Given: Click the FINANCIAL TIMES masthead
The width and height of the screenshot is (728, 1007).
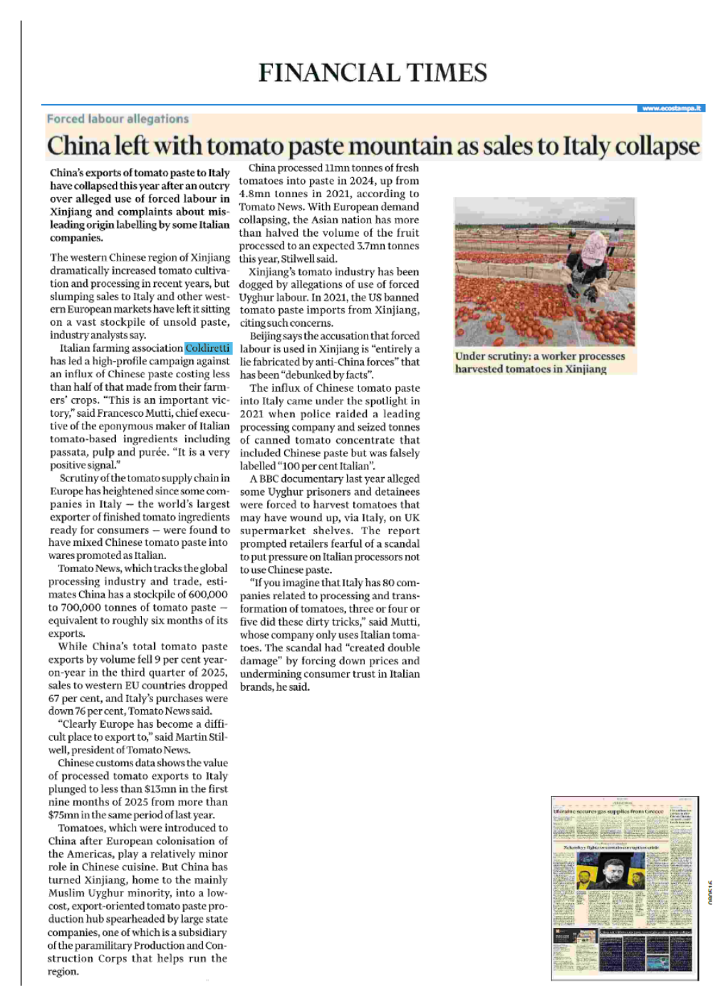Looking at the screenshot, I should coord(373,73).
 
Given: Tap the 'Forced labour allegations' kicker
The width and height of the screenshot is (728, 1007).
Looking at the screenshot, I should coord(118,119).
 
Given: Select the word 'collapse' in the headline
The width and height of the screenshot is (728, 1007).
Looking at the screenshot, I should coord(657,146).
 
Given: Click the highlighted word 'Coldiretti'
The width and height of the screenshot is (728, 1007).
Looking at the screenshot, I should coord(207,348).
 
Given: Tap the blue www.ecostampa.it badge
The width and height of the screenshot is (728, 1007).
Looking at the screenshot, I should coord(671,108).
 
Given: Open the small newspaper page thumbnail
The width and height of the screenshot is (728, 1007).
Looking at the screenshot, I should coord(624,887).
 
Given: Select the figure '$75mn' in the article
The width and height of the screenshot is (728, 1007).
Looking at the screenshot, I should coord(63,815).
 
